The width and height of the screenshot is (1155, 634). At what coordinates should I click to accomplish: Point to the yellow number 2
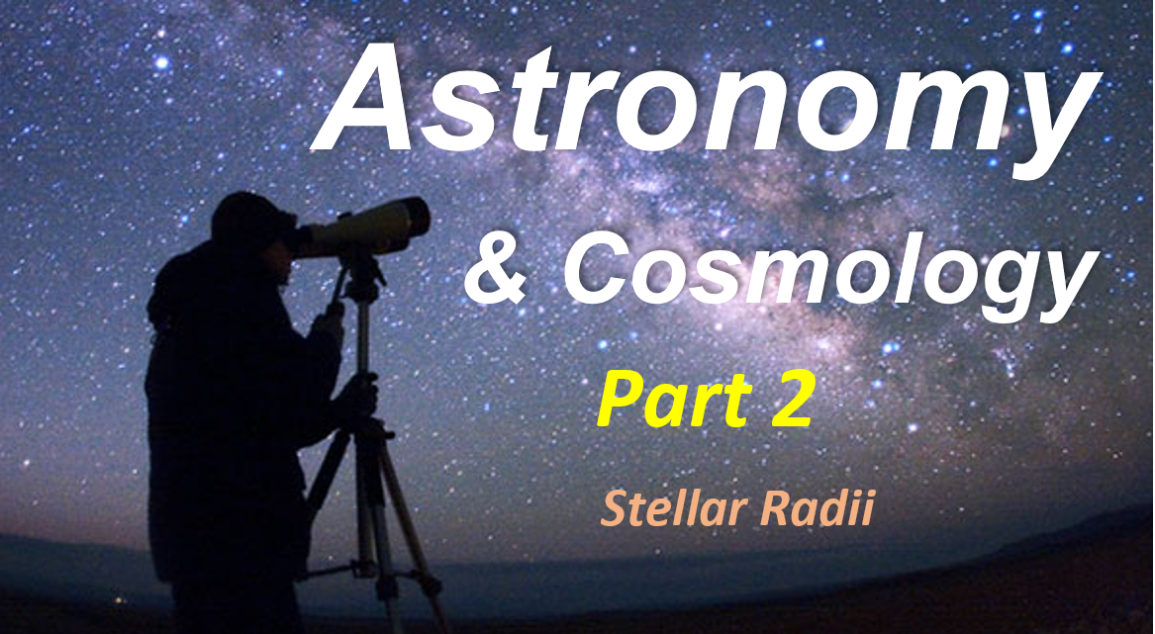click(x=788, y=396)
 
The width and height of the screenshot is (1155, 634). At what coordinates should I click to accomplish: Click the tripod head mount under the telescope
click(x=360, y=267)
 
